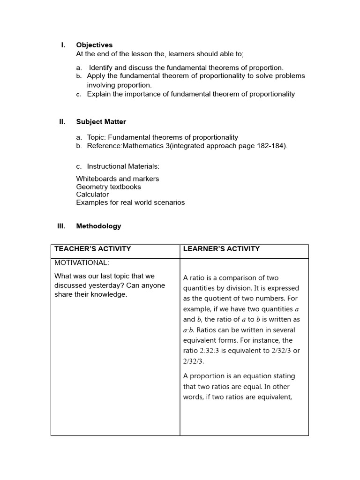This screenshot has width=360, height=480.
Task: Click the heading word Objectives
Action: tap(94, 45)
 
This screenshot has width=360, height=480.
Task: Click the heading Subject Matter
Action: tap(101, 122)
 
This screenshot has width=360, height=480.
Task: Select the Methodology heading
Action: tap(98, 226)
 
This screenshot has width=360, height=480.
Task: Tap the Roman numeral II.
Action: tap(62, 122)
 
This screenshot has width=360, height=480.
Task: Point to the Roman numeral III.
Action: tap(61, 226)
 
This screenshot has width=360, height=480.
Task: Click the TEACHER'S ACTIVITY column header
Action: tap(93, 249)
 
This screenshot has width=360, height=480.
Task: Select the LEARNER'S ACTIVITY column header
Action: tap(221, 249)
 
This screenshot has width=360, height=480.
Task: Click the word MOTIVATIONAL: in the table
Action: tap(82, 262)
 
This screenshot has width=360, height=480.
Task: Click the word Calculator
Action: tap(92, 195)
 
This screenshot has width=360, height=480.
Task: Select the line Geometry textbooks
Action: tap(108, 187)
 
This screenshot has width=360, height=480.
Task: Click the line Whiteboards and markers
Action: tap(117, 179)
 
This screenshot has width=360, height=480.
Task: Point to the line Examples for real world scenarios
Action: tap(130, 202)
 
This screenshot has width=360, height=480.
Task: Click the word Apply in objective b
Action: tap(96, 76)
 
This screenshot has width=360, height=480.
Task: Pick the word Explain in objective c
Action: tap(98, 94)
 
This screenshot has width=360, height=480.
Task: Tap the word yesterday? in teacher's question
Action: tap(108, 285)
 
